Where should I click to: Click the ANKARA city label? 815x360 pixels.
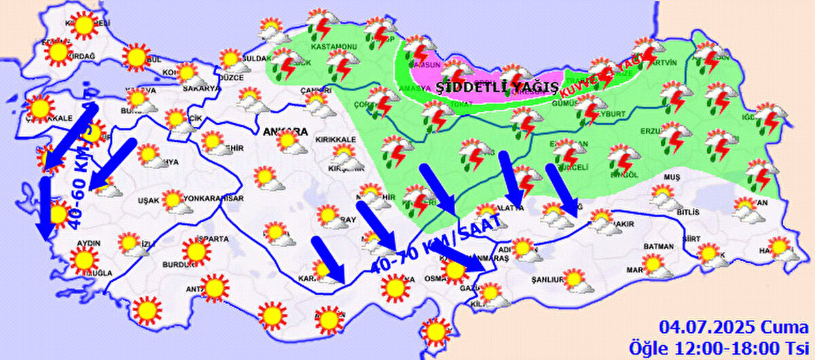pyautogui.click(x=286, y=130)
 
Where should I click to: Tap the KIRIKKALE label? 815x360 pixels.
pyautogui.click(x=336, y=139)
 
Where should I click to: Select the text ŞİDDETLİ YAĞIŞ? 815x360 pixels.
pyautogui.click(x=498, y=87)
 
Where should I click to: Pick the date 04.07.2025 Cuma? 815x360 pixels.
pyautogui.click(x=731, y=328)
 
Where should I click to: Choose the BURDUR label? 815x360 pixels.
pyautogui.click(x=175, y=265)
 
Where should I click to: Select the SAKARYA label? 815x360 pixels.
pyautogui.click(x=202, y=88)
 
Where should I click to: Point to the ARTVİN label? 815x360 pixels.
pyautogui.click(x=664, y=62)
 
